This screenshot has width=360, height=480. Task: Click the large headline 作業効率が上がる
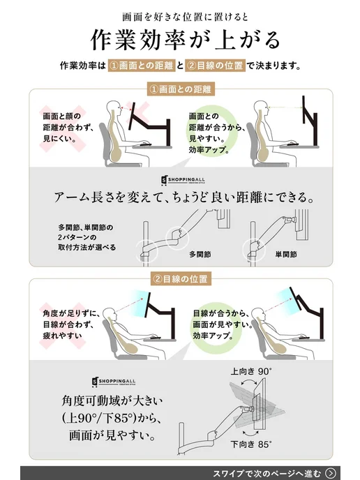pyautogui.click(x=185, y=40)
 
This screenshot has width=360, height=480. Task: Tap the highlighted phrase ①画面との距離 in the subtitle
pyautogui.click(x=142, y=66)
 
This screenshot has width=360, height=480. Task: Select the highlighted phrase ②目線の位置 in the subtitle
pyautogui.click(x=215, y=66)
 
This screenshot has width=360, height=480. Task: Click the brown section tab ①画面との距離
pyautogui.click(x=180, y=89)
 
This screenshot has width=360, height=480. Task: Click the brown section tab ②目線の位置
pyautogui.click(x=181, y=279)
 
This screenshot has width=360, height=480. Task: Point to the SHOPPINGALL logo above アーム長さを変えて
pyautogui.click(x=183, y=180)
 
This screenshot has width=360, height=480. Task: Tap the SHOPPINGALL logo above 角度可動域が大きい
pyautogui.click(x=113, y=382)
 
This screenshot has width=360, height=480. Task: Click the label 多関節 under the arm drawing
pyautogui.click(x=200, y=255)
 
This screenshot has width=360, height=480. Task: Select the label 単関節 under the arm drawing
pyautogui.click(x=286, y=255)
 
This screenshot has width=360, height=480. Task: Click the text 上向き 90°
pyautogui.click(x=251, y=372)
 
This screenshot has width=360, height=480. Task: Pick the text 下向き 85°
pyautogui.click(x=251, y=444)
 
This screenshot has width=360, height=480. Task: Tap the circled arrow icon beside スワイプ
pyautogui.click(x=330, y=473)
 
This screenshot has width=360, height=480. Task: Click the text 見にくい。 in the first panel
pyautogui.click(x=60, y=138)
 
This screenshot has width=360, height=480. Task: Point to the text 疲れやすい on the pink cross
pyautogui.click(x=63, y=336)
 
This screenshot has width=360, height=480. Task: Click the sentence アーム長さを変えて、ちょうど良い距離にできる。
pyautogui.click(x=184, y=197)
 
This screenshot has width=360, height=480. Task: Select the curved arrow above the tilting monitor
pyautogui.click(x=249, y=381)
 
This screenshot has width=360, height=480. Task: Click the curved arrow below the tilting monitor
pyautogui.click(x=250, y=433)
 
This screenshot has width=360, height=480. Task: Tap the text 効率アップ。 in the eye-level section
pyautogui.click(x=213, y=336)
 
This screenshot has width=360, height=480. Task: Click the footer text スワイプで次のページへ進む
pyautogui.click(x=267, y=473)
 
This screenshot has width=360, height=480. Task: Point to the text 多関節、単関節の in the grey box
pyautogui.click(x=86, y=227)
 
